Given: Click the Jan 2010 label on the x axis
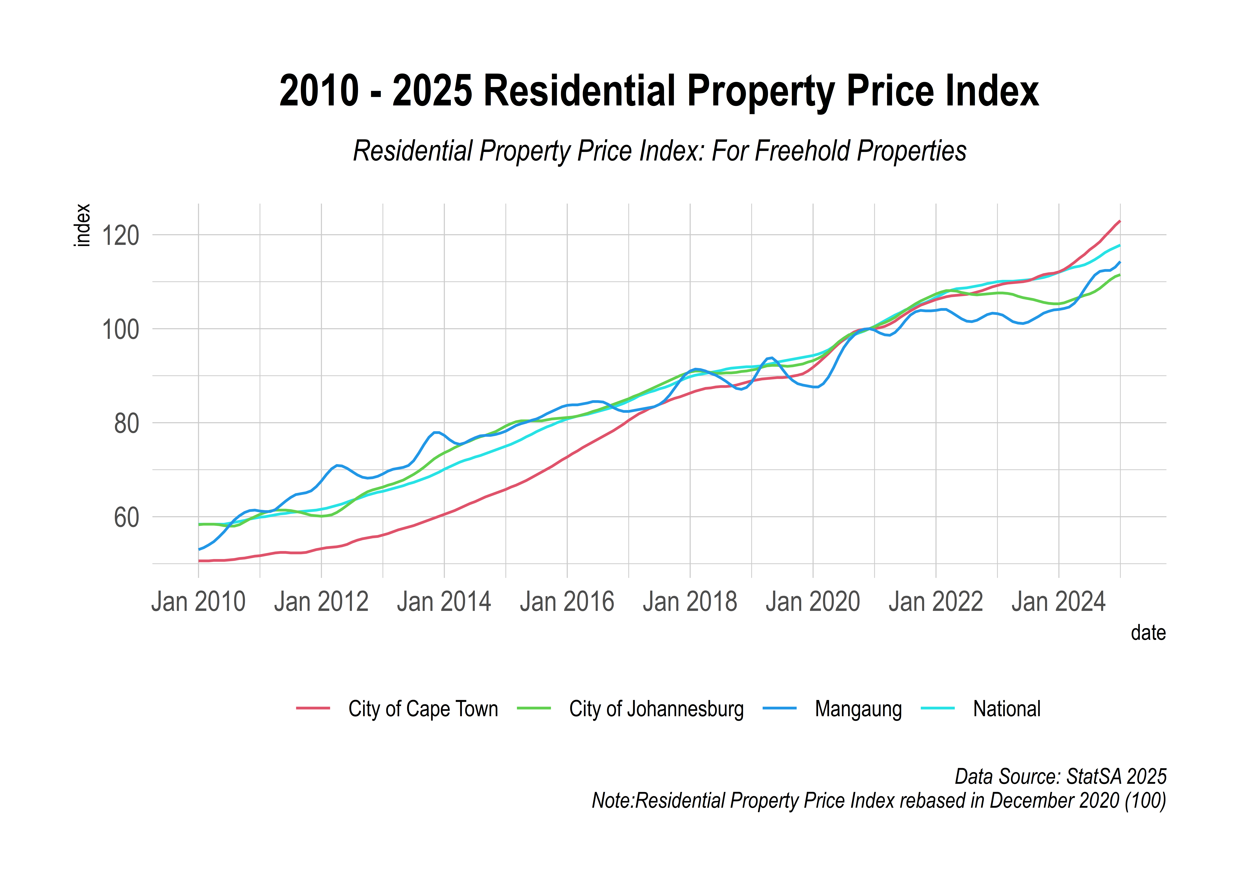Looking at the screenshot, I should [198, 602].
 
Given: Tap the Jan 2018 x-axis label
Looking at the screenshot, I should [690, 602].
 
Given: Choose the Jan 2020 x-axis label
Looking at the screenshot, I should [812, 602].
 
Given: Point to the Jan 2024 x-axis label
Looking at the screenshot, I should [1058, 602].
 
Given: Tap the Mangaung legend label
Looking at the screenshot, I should [858, 709].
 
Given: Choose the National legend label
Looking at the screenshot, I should [1007, 709].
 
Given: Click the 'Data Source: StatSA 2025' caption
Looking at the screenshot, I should [1061, 776].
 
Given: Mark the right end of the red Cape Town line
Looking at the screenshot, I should [1119, 221].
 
